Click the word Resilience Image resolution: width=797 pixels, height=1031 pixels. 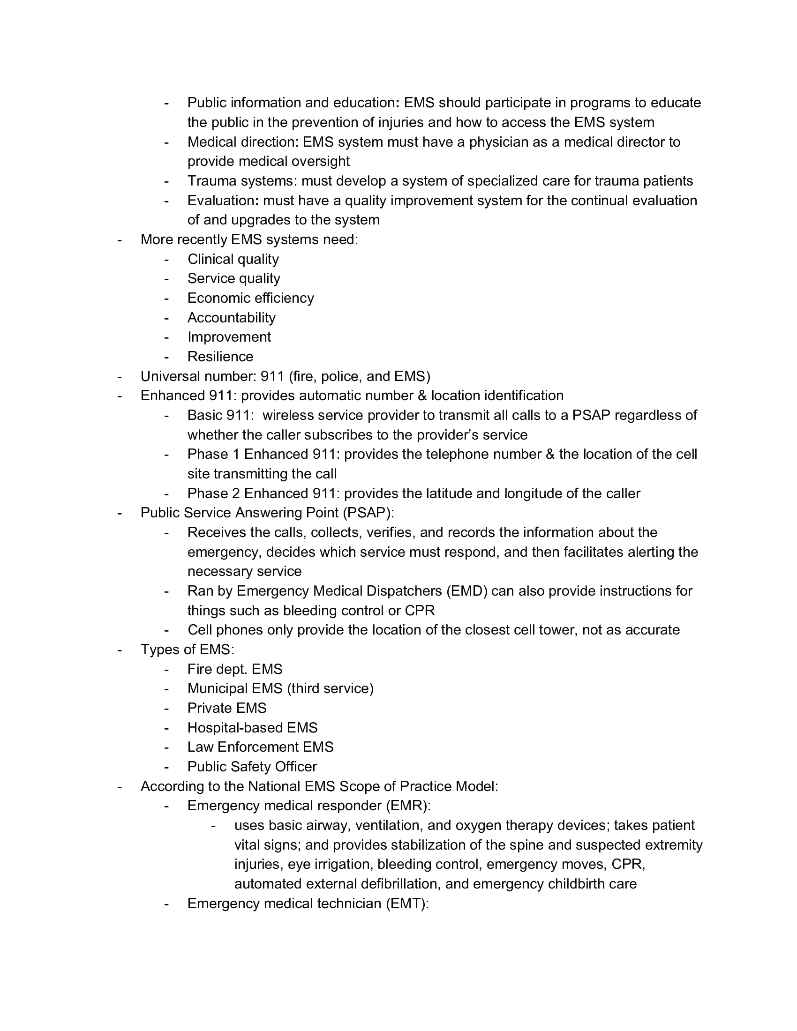220,357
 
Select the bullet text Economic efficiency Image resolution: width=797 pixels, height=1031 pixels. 250,298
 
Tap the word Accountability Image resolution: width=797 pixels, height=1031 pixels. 231,318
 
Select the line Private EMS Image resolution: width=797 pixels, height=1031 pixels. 226,708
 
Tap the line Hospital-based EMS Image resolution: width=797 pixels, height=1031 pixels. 252,727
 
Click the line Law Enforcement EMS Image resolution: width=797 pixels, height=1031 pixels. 260,747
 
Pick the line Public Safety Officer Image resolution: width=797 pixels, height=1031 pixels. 252,767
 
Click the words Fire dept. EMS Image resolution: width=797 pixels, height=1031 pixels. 235,669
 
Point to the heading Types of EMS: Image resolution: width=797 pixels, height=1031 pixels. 188,650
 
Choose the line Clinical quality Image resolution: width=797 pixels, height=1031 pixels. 233,259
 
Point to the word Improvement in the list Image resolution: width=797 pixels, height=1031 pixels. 229,337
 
